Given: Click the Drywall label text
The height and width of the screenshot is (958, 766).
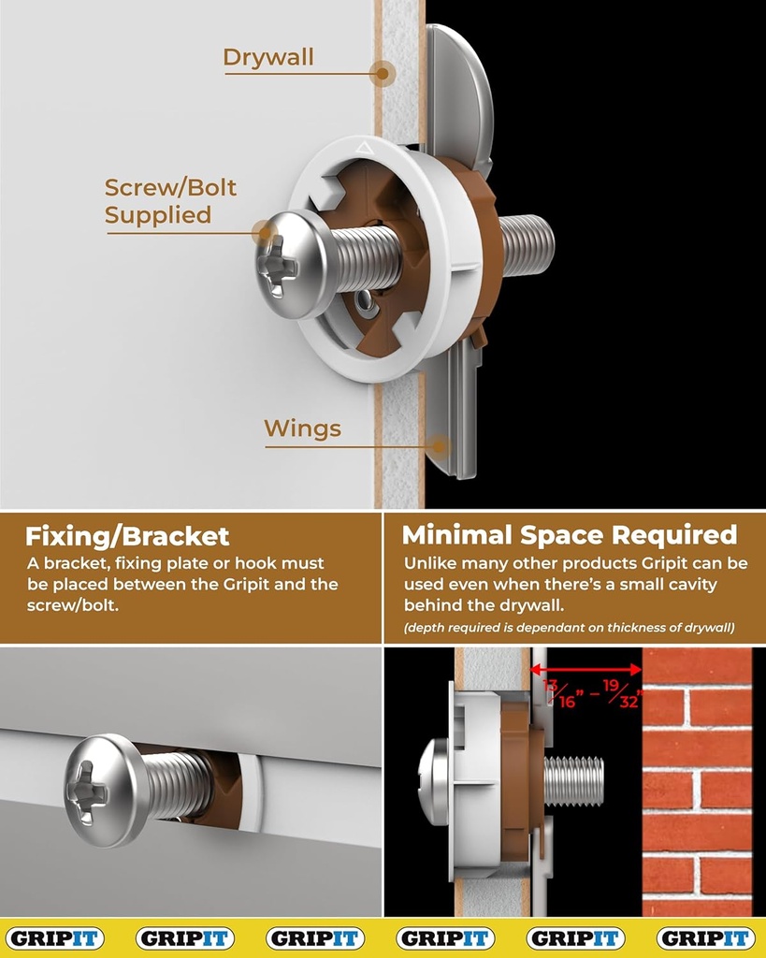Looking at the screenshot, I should pyautogui.click(x=268, y=58).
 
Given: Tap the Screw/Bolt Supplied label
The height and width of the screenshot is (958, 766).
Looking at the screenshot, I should pyautogui.click(x=170, y=201).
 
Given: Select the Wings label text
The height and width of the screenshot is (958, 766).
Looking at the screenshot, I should pyautogui.click(x=302, y=429).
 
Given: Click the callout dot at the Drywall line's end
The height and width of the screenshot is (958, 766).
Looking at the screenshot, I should pyautogui.click(x=383, y=73).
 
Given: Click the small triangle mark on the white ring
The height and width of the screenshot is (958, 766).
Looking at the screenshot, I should pyautogui.click(x=365, y=146).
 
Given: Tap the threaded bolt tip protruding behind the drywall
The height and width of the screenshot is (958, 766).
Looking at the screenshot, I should pyautogui.click(x=528, y=245).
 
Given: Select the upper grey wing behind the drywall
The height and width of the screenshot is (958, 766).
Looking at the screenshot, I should pyautogui.click(x=459, y=89).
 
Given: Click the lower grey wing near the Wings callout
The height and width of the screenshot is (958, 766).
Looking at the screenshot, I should pyautogui.click(x=454, y=412).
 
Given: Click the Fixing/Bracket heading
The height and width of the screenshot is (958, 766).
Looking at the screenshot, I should pyautogui.click(x=127, y=536).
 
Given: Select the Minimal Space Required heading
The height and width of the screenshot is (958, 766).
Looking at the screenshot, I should pyautogui.click(x=570, y=535).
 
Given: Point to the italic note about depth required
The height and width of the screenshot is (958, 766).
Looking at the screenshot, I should pyautogui.click(x=568, y=628).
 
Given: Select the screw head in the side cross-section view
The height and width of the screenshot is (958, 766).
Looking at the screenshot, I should pyautogui.click(x=433, y=782).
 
